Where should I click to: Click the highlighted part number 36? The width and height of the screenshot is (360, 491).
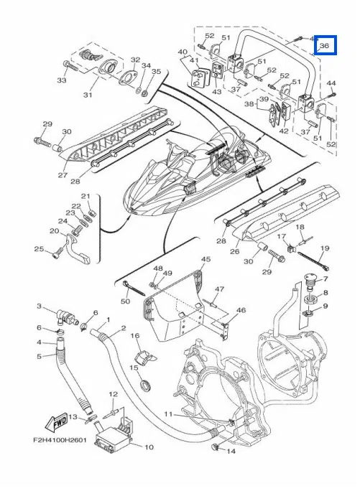324,46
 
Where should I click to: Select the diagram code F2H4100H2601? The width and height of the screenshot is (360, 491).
60,440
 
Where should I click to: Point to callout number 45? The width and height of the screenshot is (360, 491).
206,259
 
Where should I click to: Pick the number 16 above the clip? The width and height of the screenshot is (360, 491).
135,336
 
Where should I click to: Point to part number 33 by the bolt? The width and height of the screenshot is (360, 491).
62,80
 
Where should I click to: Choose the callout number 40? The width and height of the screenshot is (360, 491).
183,52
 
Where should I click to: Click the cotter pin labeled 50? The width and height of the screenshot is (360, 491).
134,289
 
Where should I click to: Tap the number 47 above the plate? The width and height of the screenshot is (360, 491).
219,289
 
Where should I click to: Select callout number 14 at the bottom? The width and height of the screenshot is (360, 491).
231,452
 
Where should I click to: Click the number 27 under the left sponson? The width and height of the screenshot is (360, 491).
63,174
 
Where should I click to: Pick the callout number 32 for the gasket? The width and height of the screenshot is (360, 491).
136,60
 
